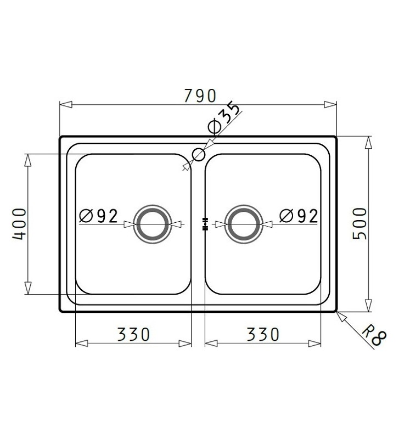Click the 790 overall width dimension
(200, 95)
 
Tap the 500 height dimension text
(359, 223)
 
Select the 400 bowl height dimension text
(20, 224)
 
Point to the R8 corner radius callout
(374, 335)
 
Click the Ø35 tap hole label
(224, 118)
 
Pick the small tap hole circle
(199, 155)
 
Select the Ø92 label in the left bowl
(99, 216)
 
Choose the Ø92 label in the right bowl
(299, 216)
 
